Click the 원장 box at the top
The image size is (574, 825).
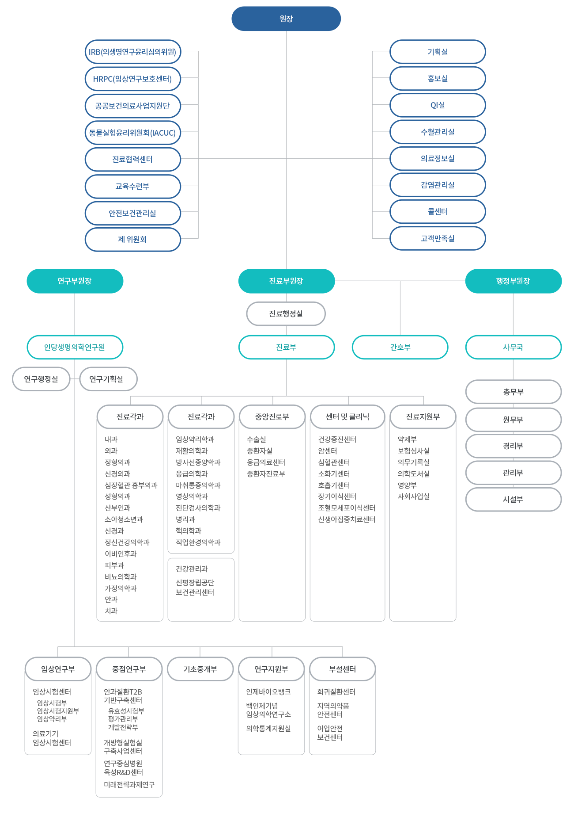pyautogui.click(x=286, y=19)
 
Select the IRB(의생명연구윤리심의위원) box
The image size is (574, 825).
pyautogui.click(x=132, y=52)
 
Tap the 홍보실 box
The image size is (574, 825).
pyautogui.click(x=438, y=78)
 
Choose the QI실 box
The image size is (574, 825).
pyautogui.click(x=438, y=105)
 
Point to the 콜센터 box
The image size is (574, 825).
pyautogui.click(x=438, y=211)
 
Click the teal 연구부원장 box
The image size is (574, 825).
pyautogui.click(x=75, y=281)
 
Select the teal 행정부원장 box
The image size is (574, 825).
pyautogui.click(x=513, y=281)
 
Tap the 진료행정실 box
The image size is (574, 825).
pyautogui.click(x=286, y=313)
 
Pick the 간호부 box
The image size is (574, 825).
pyautogui.click(x=400, y=347)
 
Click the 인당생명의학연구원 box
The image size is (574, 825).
pyautogui.click(x=75, y=347)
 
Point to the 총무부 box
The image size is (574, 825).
pyautogui.click(x=513, y=392)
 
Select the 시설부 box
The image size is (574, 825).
pyautogui.click(x=513, y=499)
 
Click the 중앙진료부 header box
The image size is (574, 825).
pyautogui.click(x=272, y=416)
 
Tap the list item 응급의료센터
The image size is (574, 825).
pyautogui.click(x=266, y=462)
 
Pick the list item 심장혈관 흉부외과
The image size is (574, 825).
pyautogui.click(x=131, y=485)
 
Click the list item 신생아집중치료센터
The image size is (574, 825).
pyautogui.click(x=347, y=519)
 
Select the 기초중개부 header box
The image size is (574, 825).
pyautogui.click(x=200, y=669)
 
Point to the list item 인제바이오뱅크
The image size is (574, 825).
pyautogui.click(x=268, y=691)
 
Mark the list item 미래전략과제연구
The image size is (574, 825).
pyautogui.click(x=129, y=784)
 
